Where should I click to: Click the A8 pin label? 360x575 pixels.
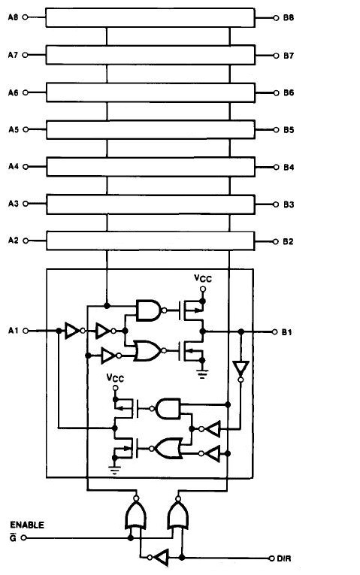(x=13, y=17)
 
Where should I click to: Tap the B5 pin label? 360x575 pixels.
(x=289, y=130)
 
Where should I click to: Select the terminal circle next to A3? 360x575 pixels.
(x=26, y=204)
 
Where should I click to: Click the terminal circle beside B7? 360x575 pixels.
(x=276, y=56)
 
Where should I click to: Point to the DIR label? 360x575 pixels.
(x=284, y=558)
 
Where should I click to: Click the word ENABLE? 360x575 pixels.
(x=27, y=525)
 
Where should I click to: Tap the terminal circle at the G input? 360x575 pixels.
(x=24, y=538)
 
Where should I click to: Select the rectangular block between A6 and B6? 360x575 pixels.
(x=150, y=92)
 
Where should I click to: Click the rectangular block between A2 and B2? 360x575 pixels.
(x=150, y=241)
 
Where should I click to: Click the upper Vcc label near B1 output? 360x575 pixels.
(x=203, y=278)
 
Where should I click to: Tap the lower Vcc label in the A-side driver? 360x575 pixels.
(x=115, y=377)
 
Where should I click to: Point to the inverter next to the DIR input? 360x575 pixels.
(x=161, y=558)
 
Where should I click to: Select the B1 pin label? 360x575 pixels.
(x=287, y=332)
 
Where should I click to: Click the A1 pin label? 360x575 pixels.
(x=13, y=331)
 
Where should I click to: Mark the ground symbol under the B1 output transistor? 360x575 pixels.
(x=202, y=374)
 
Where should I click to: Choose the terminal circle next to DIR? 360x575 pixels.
(x=271, y=558)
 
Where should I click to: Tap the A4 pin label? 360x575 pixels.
(x=14, y=166)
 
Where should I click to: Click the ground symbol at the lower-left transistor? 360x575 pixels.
(x=115, y=470)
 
